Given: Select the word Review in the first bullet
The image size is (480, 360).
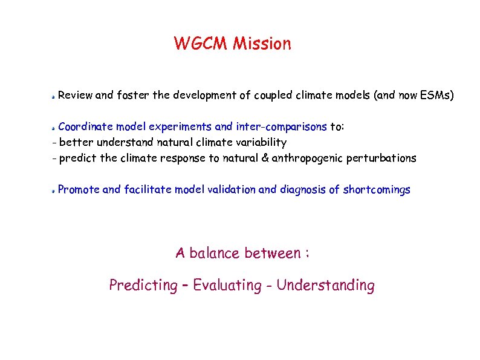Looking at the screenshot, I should (76, 95).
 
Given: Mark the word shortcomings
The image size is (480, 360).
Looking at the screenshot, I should (377, 190).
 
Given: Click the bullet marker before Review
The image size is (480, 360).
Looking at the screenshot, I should (53, 96).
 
